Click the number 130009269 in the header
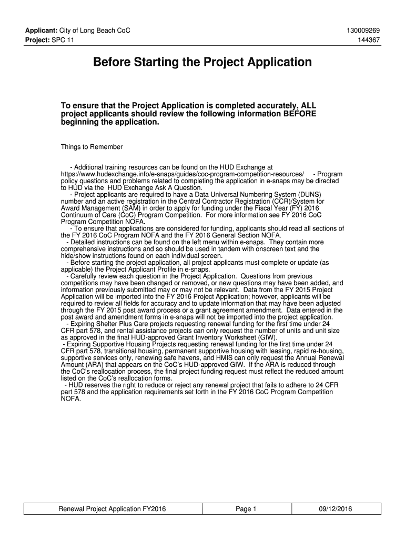coord(362,31)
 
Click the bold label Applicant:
coord(42,31)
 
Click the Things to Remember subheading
coord(92,147)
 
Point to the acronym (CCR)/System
coord(299,201)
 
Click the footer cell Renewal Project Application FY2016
coord(112,509)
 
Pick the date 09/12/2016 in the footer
coord(335,509)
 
